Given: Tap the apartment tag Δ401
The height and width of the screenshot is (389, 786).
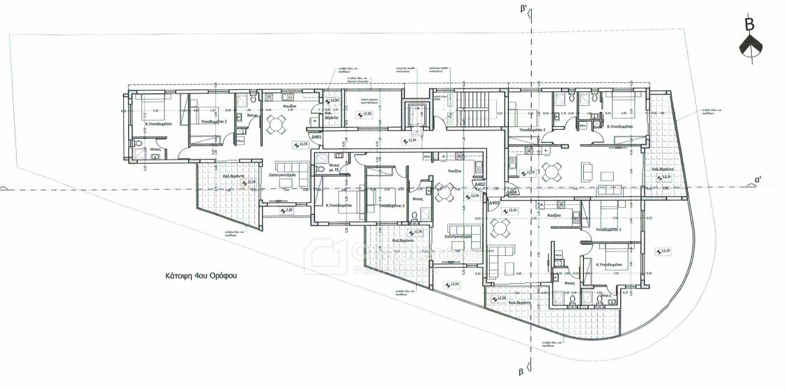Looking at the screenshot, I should [316, 137].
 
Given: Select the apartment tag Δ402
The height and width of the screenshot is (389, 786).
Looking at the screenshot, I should [479, 185].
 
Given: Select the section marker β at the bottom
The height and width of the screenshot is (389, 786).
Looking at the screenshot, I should [520, 373].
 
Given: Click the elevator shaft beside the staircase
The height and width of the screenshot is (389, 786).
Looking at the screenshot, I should [417, 114].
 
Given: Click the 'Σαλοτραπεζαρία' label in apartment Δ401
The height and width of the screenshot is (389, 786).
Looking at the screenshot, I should [278, 173].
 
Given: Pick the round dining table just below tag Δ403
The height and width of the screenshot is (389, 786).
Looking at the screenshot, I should [500, 228].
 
